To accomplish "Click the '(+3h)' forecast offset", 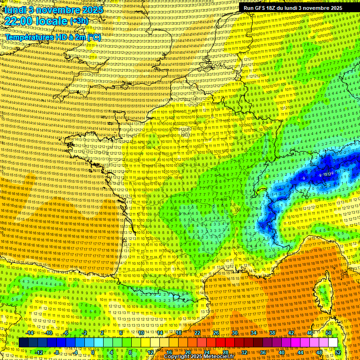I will pyautogui.click(x=78, y=21).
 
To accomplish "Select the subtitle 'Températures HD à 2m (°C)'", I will pyautogui.click(x=53, y=37).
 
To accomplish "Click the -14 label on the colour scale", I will pyautogui.click(x=30, y=333).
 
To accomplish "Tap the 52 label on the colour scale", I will pyautogui.click(x=337, y=352).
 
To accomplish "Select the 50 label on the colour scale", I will pyautogui.click(x=329, y=333).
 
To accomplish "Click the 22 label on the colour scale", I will pyautogui.click(x=197, y=333).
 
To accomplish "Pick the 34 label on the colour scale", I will pyautogui.click(x=254, y=333).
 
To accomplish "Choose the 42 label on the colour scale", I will pyautogui.click(x=291, y=333).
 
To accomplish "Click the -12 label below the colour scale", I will pyautogui.click(x=39, y=352).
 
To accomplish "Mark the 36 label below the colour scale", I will pyautogui.click(x=262, y=352).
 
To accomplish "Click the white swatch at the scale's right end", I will pyautogui.click(x=333, y=343).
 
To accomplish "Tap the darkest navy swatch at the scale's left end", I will pyautogui.click(x=23, y=343).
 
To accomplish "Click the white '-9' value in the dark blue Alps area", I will pyautogui.click(x=303, y=179).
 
